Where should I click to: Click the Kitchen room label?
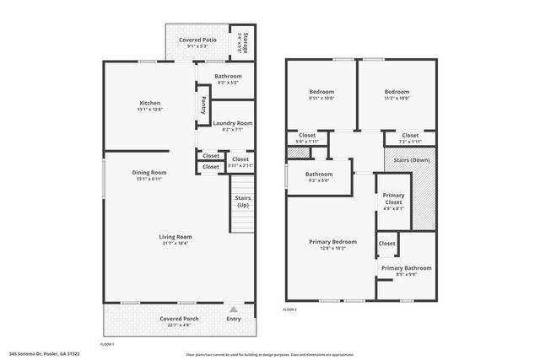149,103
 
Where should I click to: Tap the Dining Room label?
148,174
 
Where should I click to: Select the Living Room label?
175,237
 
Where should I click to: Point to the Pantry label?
203,105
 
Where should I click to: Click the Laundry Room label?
232,123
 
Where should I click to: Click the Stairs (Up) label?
242,201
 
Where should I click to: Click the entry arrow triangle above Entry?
234,309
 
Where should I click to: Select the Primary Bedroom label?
332,242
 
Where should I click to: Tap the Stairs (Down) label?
408,159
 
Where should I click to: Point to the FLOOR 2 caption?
290,310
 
